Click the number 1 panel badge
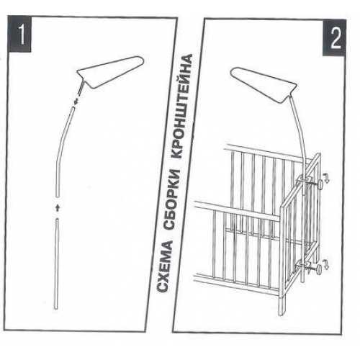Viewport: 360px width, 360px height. pos(19,34)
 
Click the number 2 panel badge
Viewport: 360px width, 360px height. pos(334,38)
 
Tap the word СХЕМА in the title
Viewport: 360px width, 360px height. pos(165,266)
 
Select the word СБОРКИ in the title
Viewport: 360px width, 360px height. pos(172,199)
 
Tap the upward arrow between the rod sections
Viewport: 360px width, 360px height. pos(57,208)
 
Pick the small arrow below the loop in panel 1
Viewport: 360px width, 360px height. pos(76,101)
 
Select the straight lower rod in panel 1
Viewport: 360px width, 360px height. pos(56,264)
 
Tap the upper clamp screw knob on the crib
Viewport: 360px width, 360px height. pos(320,185)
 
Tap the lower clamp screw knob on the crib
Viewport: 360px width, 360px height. pos(319,269)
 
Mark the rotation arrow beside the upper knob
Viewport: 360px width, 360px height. pos(326,178)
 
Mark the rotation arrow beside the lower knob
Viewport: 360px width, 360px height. pos(325,264)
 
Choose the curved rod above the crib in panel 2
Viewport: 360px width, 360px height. pos(300,135)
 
